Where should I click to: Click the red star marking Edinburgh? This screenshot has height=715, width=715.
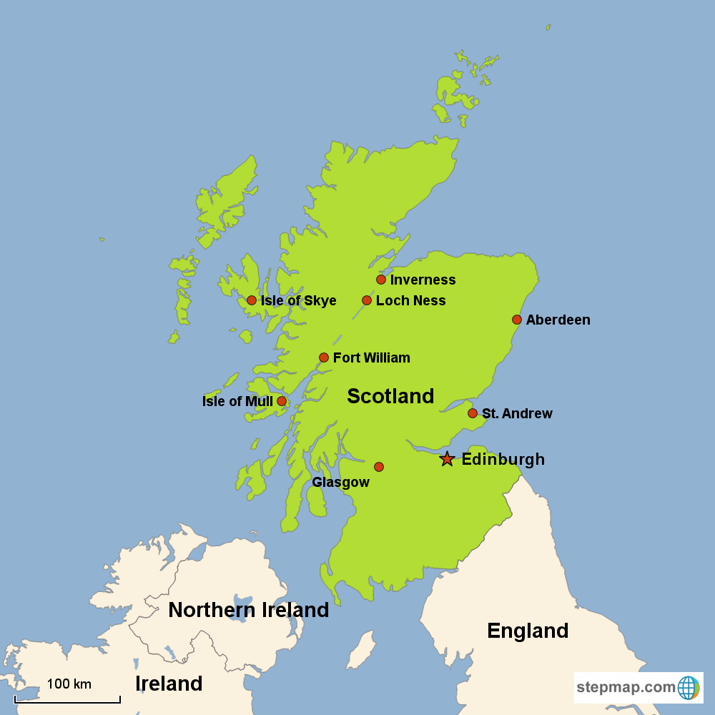(447, 459)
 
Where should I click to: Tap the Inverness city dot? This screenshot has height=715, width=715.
(381, 280)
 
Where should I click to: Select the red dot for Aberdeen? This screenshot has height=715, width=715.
(517, 320)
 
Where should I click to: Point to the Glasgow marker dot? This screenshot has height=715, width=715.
(379, 467)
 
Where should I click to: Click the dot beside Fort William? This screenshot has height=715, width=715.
(324, 357)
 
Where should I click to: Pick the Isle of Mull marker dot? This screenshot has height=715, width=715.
(282, 401)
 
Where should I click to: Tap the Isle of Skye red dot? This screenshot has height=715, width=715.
(252, 300)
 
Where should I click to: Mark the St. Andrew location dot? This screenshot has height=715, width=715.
(473, 413)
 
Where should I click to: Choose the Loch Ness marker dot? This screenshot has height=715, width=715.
(367, 300)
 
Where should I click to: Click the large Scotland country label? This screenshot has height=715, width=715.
(390, 396)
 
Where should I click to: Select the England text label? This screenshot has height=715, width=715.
(528, 631)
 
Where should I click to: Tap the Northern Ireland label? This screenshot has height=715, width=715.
(248, 610)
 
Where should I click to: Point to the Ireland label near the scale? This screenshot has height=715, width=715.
(169, 684)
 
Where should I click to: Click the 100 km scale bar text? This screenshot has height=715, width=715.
(69, 684)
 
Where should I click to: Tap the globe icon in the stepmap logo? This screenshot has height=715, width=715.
(688, 688)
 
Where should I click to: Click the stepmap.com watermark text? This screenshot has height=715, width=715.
(626, 688)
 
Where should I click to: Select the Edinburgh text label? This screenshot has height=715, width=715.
(503, 459)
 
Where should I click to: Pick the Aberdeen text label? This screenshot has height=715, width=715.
(558, 320)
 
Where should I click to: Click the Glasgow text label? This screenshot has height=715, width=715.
(340, 483)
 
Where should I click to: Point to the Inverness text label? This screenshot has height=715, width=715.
(423, 280)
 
